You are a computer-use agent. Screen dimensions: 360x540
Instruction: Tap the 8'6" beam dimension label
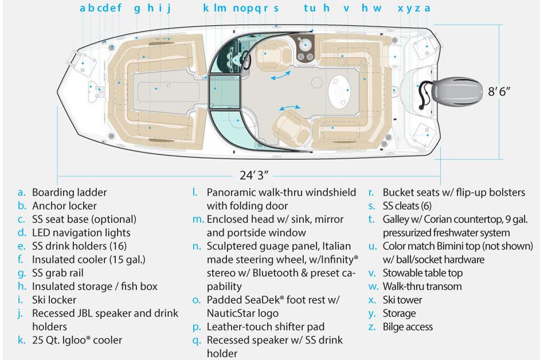point(499,91)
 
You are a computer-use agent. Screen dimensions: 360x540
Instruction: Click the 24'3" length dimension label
point(255,174)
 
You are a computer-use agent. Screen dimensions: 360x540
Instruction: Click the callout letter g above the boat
point(137,8)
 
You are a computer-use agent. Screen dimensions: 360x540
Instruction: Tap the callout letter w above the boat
point(377,8)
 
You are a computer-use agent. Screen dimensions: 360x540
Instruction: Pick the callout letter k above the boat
point(206,8)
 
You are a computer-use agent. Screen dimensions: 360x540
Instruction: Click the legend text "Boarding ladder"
point(69,193)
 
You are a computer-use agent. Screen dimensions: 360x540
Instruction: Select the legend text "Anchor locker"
point(64,206)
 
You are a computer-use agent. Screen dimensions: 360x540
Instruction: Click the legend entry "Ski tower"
point(402,300)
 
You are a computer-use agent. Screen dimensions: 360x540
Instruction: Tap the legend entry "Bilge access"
point(408,327)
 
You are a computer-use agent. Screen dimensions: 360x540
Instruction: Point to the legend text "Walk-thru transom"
point(422,286)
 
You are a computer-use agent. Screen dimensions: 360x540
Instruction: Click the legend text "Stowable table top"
point(422,273)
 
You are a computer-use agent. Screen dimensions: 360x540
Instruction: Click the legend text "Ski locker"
point(54,300)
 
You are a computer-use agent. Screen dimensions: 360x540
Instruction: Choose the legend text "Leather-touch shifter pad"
point(265,327)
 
